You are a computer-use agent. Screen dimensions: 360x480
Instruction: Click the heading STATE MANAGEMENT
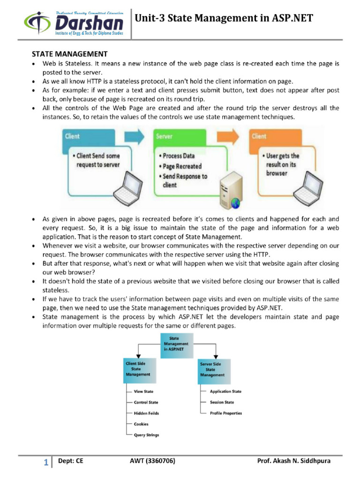click(x=69, y=54)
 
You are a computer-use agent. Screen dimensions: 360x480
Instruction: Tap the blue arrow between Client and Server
click(x=134, y=136)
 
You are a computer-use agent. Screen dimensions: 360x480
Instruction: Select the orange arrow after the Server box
click(x=228, y=136)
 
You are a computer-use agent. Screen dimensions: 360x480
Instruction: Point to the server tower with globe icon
click(x=231, y=190)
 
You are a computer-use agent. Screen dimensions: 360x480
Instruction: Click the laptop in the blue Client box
click(x=128, y=188)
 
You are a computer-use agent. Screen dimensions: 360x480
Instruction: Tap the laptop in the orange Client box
click(x=308, y=188)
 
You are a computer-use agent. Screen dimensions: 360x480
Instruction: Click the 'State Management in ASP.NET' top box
click(x=177, y=345)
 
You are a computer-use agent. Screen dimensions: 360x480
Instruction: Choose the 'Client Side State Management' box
click(x=140, y=371)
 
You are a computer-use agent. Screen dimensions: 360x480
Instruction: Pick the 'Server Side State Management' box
click(x=214, y=371)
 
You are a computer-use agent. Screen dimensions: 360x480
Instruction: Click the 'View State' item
click(x=143, y=391)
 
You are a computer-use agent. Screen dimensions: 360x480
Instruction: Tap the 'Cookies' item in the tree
click(x=141, y=424)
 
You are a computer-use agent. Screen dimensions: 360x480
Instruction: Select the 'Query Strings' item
click(x=146, y=435)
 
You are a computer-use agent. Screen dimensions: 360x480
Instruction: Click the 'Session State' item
click(x=222, y=402)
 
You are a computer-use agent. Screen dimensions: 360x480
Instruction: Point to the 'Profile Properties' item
click(x=226, y=413)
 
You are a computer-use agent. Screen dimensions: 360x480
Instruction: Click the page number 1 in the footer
click(x=46, y=462)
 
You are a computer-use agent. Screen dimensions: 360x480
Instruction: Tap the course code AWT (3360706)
click(x=152, y=461)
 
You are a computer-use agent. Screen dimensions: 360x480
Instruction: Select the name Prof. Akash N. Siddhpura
click(x=294, y=461)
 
